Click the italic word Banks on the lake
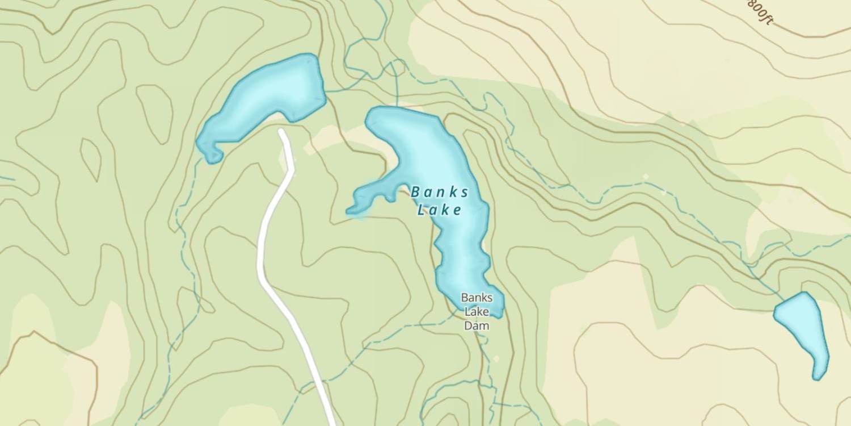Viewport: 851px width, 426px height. tap(440, 192)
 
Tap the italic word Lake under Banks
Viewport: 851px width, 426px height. tap(439, 211)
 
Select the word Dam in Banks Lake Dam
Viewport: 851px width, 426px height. tap(477, 326)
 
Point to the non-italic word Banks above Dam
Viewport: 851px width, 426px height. tap(477, 298)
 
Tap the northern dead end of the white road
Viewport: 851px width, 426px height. tap(282, 132)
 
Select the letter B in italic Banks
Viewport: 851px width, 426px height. tap(415, 193)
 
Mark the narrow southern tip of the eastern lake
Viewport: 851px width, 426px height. tap(818, 376)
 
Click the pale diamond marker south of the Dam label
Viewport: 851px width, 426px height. tap(496, 358)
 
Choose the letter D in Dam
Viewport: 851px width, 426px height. tap(468, 326)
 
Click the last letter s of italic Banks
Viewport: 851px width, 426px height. tap(465, 193)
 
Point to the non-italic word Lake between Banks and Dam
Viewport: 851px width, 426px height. tap(477, 312)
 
